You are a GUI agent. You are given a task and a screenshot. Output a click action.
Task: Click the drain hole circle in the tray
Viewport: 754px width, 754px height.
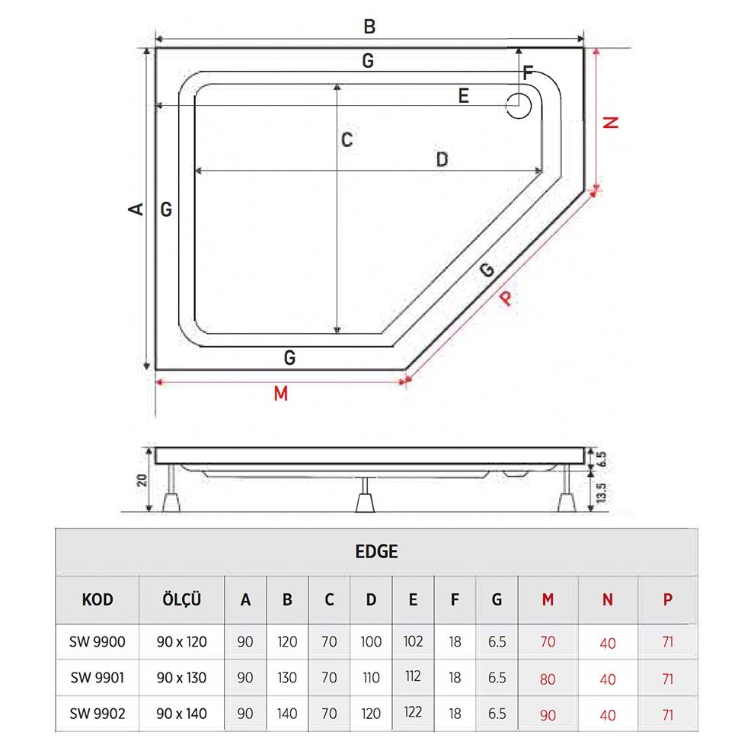click(519, 106)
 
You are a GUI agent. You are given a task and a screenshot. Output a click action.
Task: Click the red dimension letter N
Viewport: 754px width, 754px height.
click(609, 122)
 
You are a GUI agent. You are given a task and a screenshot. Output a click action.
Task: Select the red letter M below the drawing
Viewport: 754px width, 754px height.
click(280, 394)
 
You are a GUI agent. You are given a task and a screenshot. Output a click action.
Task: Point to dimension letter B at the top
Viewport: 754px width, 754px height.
click(369, 27)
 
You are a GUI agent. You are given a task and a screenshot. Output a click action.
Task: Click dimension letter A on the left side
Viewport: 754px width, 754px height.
click(136, 208)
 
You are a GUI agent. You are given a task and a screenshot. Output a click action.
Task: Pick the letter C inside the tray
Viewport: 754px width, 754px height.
click(347, 140)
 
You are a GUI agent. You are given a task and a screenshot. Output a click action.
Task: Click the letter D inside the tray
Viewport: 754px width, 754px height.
click(441, 159)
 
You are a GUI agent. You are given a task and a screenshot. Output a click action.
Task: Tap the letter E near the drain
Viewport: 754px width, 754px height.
click(463, 96)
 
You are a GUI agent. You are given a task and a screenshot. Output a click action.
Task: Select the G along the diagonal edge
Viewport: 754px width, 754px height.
click(487, 269)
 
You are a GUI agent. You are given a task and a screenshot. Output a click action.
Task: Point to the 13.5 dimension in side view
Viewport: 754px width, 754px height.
click(601, 491)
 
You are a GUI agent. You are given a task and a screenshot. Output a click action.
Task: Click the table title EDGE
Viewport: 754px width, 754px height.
click(376, 552)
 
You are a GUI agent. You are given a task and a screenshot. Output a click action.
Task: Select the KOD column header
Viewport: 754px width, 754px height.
click(97, 600)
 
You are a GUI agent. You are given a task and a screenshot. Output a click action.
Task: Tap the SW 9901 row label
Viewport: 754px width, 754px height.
click(97, 678)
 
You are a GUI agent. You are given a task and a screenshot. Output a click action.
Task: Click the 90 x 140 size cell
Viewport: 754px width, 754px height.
click(181, 714)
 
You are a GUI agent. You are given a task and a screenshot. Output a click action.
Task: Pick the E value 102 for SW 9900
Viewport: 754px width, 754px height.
click(413, 641)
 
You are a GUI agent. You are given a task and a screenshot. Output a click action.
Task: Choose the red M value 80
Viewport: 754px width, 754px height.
click(548, 679)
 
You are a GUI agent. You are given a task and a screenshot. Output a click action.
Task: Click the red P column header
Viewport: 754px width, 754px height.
click(668, 600)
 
